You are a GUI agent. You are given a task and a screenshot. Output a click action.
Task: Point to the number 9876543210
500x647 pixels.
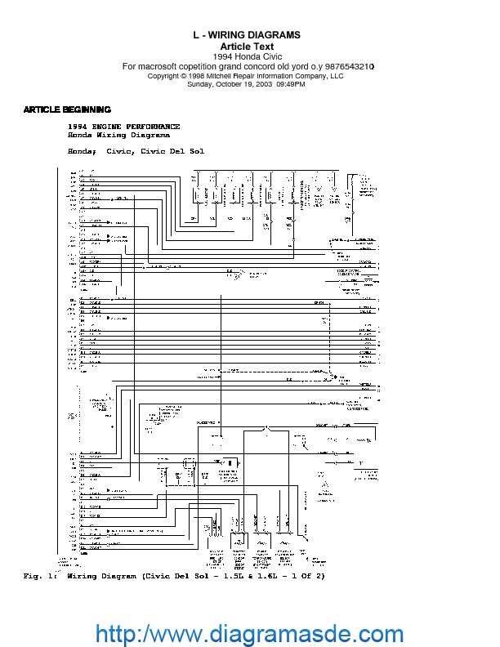pos(351,66)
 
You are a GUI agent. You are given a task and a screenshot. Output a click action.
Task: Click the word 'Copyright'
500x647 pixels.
pos(166,75)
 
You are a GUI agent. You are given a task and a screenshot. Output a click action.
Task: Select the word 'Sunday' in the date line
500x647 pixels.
pos(201,84)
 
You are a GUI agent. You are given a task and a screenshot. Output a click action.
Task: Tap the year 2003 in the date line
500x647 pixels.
pos(264,84)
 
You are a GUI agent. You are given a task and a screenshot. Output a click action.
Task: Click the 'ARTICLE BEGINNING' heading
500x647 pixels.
pos(67,109)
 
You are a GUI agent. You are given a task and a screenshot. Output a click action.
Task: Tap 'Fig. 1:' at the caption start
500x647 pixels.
pos(36,577)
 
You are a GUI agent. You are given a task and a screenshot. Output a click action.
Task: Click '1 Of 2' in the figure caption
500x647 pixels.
pos(304,577)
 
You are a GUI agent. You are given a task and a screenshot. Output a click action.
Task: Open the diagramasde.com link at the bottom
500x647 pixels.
pos(250,633)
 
